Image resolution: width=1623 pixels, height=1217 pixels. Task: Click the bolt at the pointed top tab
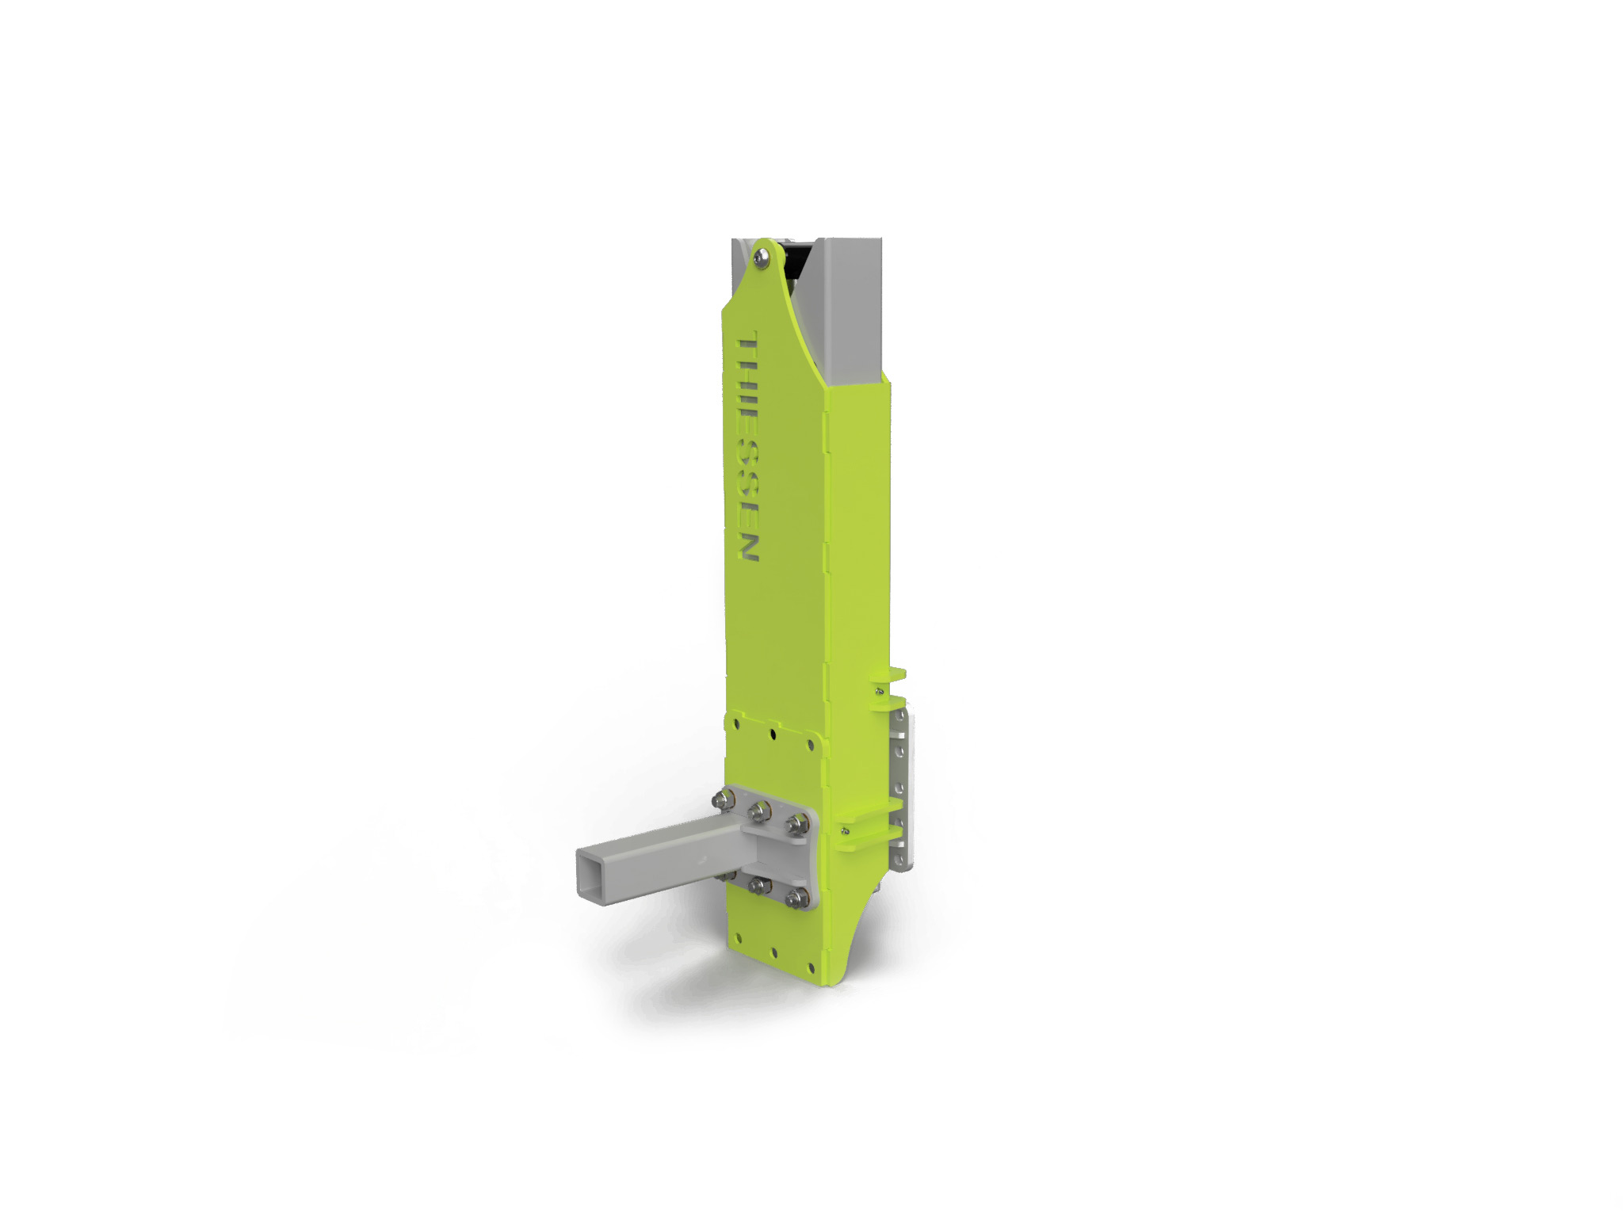(762, 256)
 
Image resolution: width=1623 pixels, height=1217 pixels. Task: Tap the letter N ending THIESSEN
(748, 547)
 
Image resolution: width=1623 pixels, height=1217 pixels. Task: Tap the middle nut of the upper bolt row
(759, 810)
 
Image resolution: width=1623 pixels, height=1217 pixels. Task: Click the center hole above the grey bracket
(773, 734)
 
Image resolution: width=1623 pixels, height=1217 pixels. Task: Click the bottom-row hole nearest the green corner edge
(811, 967)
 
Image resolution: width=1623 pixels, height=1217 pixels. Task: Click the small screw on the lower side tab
(846, 831)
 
